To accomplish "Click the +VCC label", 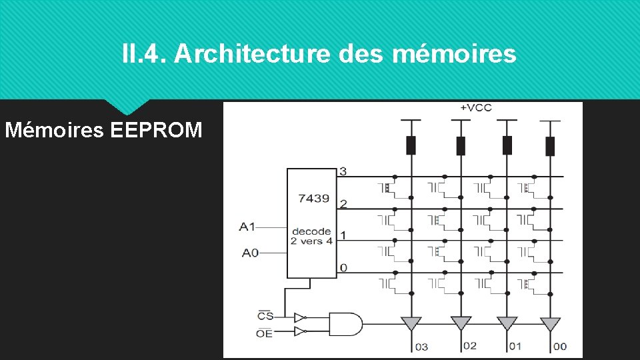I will click(x=475, y=108).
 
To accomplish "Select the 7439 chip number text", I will click(x=313, y=198).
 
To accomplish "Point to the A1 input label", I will click(x=247, y=227).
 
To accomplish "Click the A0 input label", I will click(x=249, y=253).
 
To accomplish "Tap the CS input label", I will click(x=265, y=315).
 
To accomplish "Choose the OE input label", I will click(x=265, y=333).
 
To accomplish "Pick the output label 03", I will click(x=421, y=346).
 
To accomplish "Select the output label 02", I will click(x=469, y=345).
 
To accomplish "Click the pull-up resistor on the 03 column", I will click(x=411, y=145).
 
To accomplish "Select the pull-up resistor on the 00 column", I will click(x=550, y=145).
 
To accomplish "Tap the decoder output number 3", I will click(x=343, y=171).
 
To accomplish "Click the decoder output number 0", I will click(x=343, y=267).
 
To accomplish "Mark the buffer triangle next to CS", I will click(x=299, y=317).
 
